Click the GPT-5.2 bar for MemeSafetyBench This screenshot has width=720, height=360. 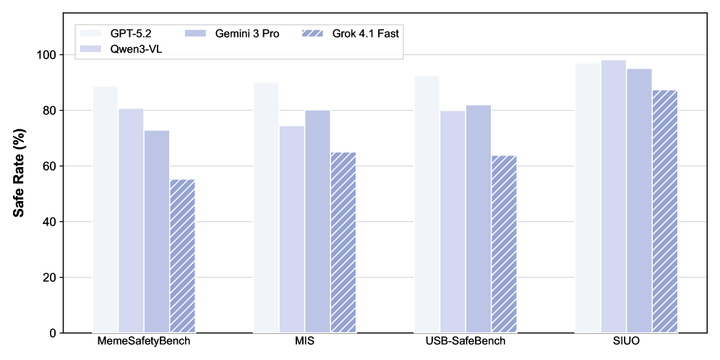106,210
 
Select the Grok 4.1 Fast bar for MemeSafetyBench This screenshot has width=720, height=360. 182,256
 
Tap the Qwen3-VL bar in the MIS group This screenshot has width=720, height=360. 291,229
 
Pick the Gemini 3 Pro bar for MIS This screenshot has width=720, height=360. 317,221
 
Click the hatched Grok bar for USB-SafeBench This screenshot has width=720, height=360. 504,244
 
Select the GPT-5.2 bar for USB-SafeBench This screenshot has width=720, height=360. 427,204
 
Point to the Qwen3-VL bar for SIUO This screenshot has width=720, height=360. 613,196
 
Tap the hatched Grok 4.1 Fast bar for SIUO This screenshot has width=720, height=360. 664,211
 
